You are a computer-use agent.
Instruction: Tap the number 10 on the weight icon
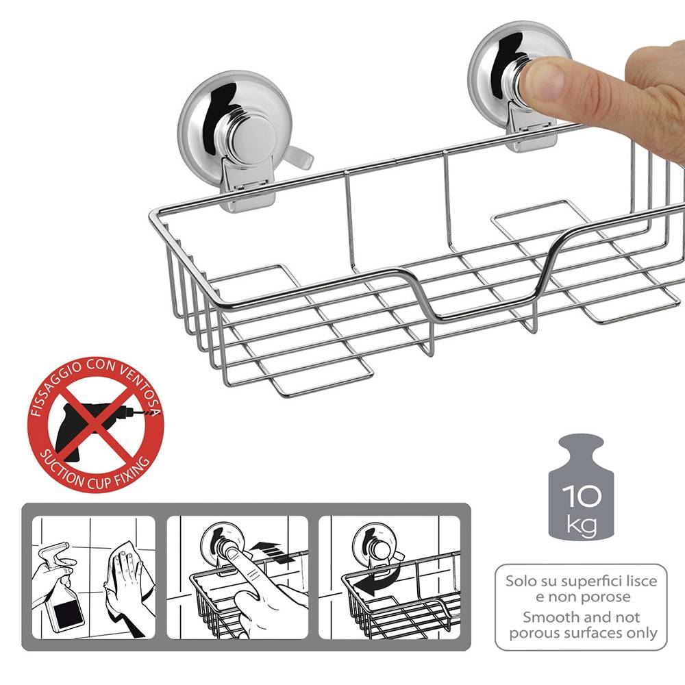(x=581, y=496)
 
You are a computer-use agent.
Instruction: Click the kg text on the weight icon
(x=582, y=525)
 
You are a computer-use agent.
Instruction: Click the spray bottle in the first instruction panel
(x=58, y=586)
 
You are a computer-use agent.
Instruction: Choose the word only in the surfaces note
(x=640, y=633)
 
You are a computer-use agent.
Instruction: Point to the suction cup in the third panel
(x=372, y=541)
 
